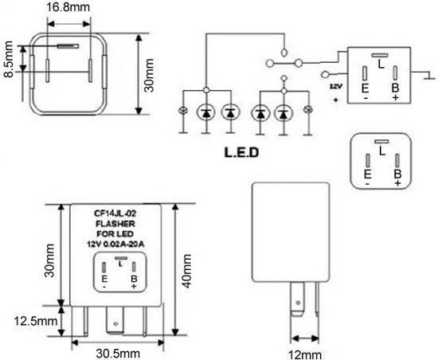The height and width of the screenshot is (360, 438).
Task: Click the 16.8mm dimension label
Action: pos(68,7)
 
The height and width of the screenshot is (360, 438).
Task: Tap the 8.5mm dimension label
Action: pos(9,59)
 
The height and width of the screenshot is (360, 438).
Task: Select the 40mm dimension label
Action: pos(187,271)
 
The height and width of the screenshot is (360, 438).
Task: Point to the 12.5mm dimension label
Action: pos(36,321)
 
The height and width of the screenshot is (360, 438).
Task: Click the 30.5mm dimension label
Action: pos(118,354)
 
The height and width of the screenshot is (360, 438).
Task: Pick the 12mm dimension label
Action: pos(304,355)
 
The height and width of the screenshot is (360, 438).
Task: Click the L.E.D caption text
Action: pos(241,152)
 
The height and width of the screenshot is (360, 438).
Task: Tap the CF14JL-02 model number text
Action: pos(115,213)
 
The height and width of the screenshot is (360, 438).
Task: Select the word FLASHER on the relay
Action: pos(115,224)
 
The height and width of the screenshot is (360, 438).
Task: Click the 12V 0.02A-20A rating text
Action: pos(115,244)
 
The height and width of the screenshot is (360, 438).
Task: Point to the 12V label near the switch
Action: pos(336,86)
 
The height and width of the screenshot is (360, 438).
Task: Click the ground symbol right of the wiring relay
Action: pos(429,76)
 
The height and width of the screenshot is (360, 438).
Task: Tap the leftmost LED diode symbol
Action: pos(206,112)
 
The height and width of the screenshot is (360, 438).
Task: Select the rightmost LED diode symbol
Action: pos(284,113)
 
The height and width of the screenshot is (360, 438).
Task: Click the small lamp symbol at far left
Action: pos(183,111)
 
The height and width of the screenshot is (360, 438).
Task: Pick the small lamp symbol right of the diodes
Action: pos(308,109)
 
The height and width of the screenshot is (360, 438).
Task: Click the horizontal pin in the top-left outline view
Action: pos(68,46)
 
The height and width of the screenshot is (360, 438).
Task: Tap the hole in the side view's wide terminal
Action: pos(298,303)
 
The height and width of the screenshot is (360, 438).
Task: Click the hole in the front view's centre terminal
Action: pos(115,324)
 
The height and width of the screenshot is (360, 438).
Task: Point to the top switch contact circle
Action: pos(284,53)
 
